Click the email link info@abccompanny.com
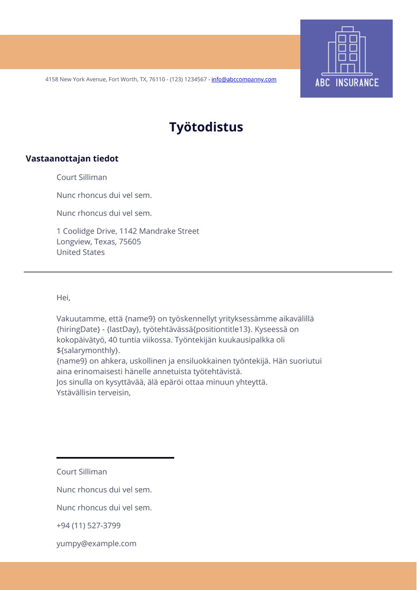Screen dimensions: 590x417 (x=244, y=80)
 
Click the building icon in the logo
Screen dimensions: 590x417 (x=347, y=50)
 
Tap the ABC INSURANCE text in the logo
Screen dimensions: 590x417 (x=347, y=82)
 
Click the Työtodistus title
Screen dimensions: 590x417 (x=206, y=127)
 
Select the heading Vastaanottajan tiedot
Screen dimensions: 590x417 (x=72, y=159)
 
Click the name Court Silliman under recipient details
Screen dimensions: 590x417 (x=82, y=177)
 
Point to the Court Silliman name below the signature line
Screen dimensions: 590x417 (x=82, y=472)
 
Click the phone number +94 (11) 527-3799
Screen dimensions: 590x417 (x=89, y=526)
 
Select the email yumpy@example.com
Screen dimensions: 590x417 (x=96, y=544)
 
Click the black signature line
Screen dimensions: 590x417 (x=115, y=458)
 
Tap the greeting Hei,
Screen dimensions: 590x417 (x=63, y=298)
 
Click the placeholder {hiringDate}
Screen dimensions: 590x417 (x=78, y=329)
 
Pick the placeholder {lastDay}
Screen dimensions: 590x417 (x=124, y=329)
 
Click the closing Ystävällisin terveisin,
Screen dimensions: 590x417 (x=93, y=393)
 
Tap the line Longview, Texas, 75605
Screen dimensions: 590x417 (x=99, y=242)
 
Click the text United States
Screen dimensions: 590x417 (x=81, y=252)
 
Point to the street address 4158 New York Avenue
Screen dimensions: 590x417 (x=76, y=80)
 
